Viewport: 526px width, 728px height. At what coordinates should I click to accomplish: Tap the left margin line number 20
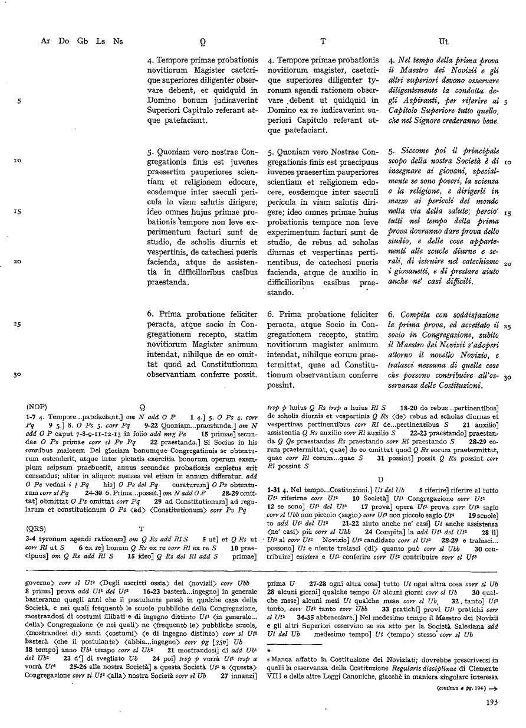click(19, 262)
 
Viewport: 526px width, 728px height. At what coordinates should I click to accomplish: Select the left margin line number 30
click(18, 375)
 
